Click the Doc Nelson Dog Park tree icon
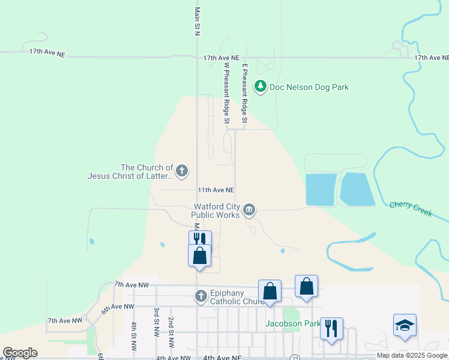(260, 87)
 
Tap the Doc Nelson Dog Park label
(309, 87)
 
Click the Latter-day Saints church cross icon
(182, 172)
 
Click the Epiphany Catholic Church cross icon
(201, 296)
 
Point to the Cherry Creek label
(410, 206)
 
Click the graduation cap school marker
(405, 325)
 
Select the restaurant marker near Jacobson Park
(331, 329)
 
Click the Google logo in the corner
(19, 353)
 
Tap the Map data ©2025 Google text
(412, 355)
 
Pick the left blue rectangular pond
(321, 190)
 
